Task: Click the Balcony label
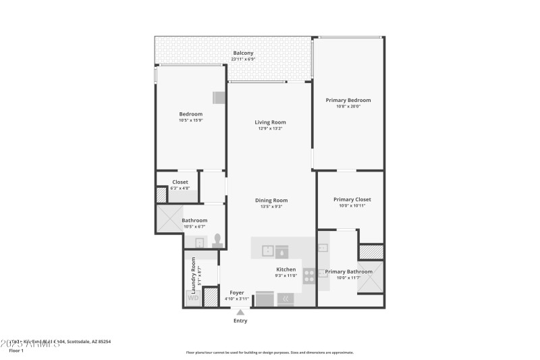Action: [243, 53]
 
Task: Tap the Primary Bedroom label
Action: [348, 100]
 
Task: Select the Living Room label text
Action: [270, 122]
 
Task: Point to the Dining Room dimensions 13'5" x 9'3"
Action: [271, 207]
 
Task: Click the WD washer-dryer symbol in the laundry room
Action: [193, 297]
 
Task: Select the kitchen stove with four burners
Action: [308, 276]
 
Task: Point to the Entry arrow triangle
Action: [240, 311]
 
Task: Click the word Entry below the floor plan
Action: [240, 321]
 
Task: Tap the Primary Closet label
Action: [352, 199]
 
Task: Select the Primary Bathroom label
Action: [349, 272]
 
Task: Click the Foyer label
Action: [237, 292]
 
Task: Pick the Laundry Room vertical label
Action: [193, 273]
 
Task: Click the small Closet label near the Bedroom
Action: [180, 182]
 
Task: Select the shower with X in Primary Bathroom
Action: [371, 279]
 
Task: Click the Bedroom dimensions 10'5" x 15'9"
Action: [191, 121]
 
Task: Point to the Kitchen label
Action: [286, 269]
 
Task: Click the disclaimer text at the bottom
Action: [269, 352]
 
